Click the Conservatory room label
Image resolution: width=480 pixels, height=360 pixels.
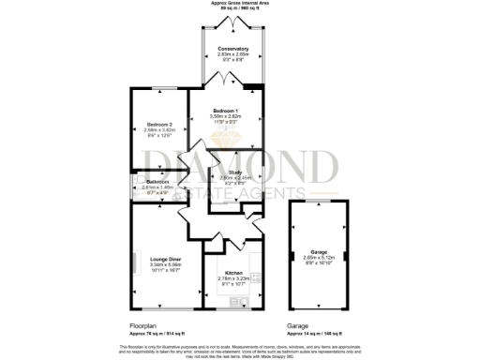[x=232, y=49]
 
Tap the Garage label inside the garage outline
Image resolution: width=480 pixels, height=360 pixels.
[x=320, y=251]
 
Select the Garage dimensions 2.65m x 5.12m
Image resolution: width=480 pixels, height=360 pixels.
[x=320, y=257]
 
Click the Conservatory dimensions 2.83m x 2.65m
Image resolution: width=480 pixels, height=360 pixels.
[x=232, y=54]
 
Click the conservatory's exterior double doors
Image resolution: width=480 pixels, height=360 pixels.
[x=232, y=21]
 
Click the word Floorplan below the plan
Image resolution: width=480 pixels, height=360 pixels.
[x=143, y=326]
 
